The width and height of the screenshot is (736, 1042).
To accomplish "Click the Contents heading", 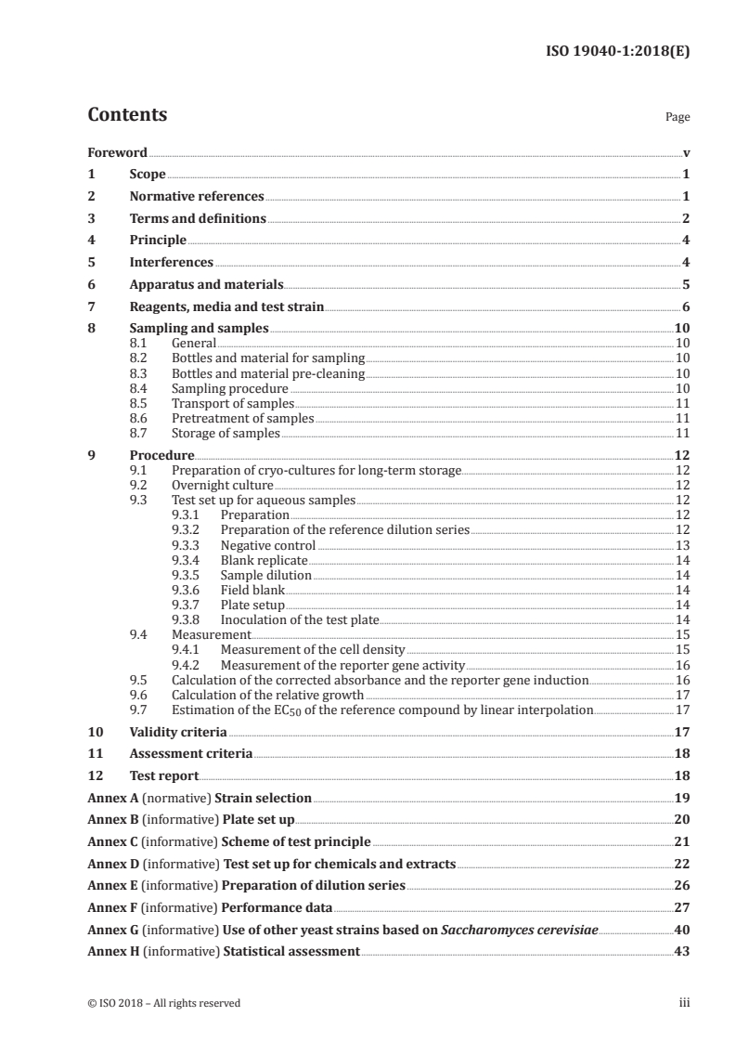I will tap(127, 115).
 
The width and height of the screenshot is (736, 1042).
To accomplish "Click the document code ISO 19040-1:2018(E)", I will tap(616, 52).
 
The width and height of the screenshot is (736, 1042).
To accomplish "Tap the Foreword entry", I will tap(117, 153).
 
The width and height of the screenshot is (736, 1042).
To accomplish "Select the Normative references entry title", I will tap(197, 197).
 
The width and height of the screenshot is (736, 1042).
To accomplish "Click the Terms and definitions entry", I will tap(198, 219).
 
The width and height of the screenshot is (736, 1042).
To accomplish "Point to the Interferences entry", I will tap(171, 263).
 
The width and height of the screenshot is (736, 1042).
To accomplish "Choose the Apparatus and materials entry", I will tap(206, 285).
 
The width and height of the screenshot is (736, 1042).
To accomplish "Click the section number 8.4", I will tap(139, 388).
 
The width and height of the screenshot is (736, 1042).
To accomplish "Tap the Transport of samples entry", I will tap(232, 404).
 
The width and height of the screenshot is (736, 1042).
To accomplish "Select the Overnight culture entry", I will tap(222, 485).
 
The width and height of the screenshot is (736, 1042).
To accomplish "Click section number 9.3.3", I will tap(189, 545).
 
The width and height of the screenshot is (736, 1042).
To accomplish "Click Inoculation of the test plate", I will tap(300, 619).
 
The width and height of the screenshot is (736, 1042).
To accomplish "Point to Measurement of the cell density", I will tap(313, 649).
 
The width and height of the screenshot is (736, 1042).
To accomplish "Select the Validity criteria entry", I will tap(178, 732).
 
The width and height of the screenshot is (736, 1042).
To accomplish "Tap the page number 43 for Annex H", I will tap(681, 951).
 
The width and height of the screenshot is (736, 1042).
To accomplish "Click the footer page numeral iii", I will tap(684, 1003).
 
